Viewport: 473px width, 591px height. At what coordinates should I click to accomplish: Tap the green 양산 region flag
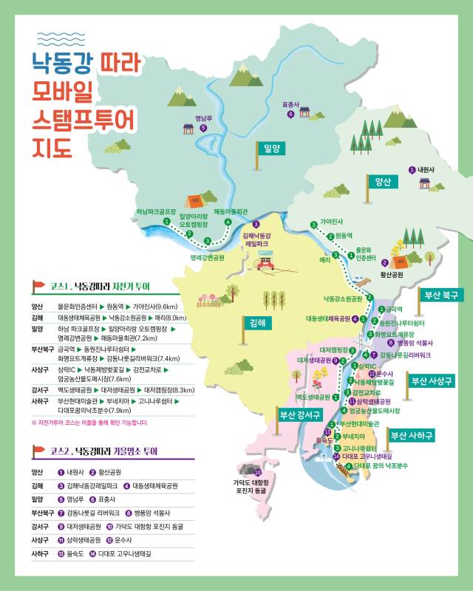coord(382,182)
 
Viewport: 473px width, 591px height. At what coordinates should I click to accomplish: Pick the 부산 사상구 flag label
coord(432,381)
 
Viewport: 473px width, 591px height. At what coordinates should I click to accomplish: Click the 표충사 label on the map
coord(290,105)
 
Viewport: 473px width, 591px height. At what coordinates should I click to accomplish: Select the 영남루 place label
coord(203,117)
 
